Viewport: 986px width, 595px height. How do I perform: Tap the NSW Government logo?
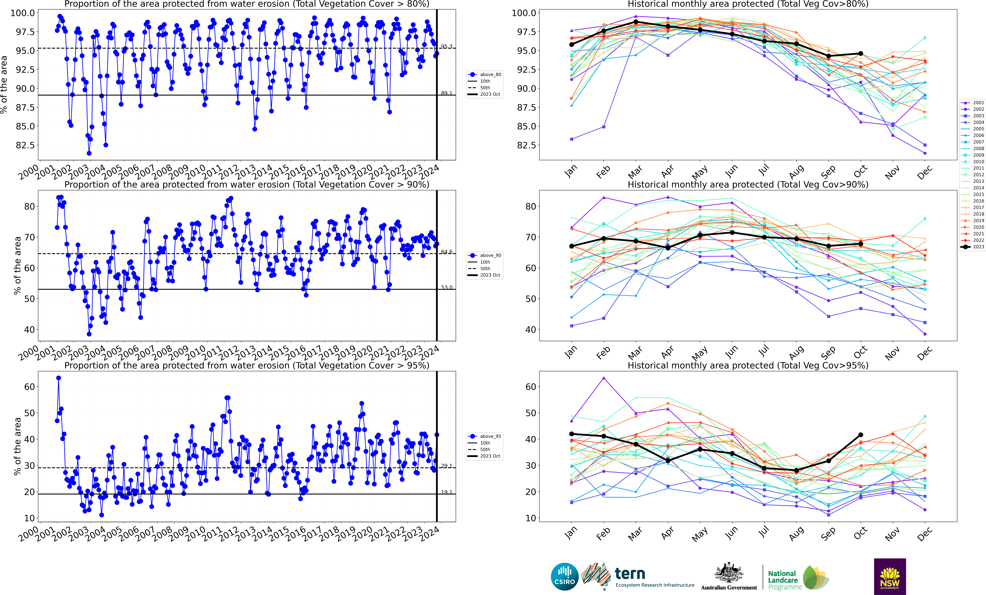point(890,577)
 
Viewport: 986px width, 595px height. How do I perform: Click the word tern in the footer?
point(630,574)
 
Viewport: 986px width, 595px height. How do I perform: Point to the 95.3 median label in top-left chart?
point(447,46)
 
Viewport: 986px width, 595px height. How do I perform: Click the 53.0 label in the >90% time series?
point(447,287)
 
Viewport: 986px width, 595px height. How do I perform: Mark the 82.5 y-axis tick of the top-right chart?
point(524,145)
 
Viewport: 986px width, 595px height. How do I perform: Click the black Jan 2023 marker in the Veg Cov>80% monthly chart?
point(571,44)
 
